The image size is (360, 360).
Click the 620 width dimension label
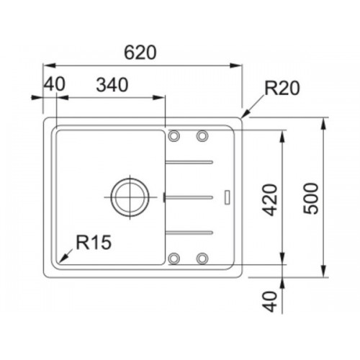click(x=140, y=53)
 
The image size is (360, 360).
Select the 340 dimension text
click(x=112, y=85)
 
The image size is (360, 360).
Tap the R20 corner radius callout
click(x=282, y=88)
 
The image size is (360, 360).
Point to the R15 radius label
click(x=94, y=242)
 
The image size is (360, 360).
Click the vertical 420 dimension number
click(x=270, y=200)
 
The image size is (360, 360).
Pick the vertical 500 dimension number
click(x=311, y=198)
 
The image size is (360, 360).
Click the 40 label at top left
click(x=55, y=84)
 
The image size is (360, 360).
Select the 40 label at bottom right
click(x=270, y=302)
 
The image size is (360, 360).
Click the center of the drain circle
click(x=130, y=197)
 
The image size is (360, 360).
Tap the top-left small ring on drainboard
click(x=174, y=135)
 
